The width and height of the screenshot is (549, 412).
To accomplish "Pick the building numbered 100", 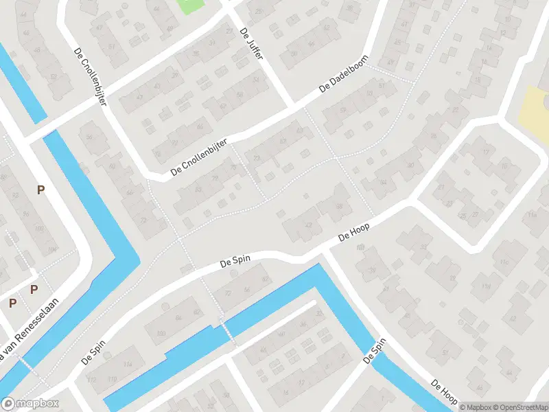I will tap(161, 334).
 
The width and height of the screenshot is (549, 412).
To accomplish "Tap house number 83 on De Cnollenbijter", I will tap(199, 190).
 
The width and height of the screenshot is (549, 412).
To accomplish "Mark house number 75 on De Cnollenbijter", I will tap(235, 167).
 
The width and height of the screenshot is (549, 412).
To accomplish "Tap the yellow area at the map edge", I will tap(532, 113).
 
